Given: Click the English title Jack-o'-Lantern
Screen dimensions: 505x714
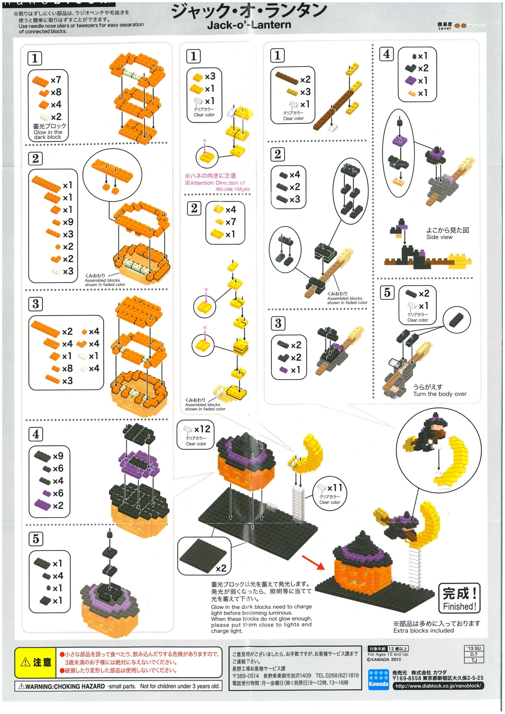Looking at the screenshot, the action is pyautogui.click(x=249, y=24).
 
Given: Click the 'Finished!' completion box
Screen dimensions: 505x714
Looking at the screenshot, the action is pyautogui.click(x=459, y=598).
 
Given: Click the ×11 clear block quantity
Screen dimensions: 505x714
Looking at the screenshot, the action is pyautogui.click(x=335, y=487).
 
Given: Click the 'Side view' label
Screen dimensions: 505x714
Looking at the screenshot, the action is pyautogui.click(x=439, y=237).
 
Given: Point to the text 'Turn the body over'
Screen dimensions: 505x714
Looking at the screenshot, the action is pyautogui.click(x=440, y=394).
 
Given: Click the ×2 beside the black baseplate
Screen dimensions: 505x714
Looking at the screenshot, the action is pyautogui.click(x=221, y=568).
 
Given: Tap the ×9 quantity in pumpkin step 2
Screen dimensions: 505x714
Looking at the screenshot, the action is pyautogui.click(x=68, y=222).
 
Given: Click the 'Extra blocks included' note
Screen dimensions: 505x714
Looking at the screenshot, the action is pyautogui.click(x=423, y=630).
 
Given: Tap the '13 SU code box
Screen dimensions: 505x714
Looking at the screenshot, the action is pyautogui.click(x=474, y=648).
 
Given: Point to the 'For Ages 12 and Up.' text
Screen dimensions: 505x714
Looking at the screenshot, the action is pyautogui.click(x=388, y=654).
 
